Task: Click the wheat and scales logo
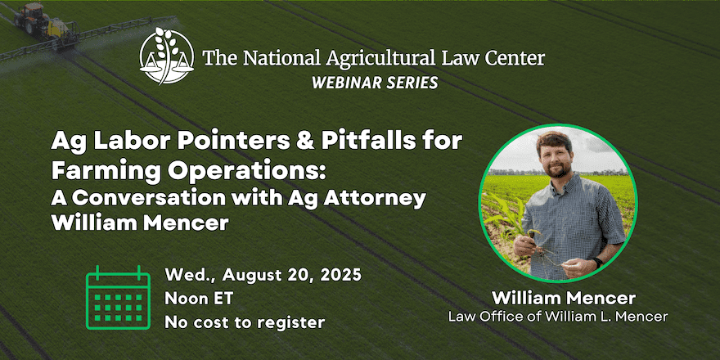[167, 56]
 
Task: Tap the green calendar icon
[118, 297]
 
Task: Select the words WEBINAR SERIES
[375, 82]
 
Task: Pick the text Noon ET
[199, 299]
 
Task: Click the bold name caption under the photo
[564, 299]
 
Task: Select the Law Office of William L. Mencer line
[558, 317]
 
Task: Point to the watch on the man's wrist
[596, 263]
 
